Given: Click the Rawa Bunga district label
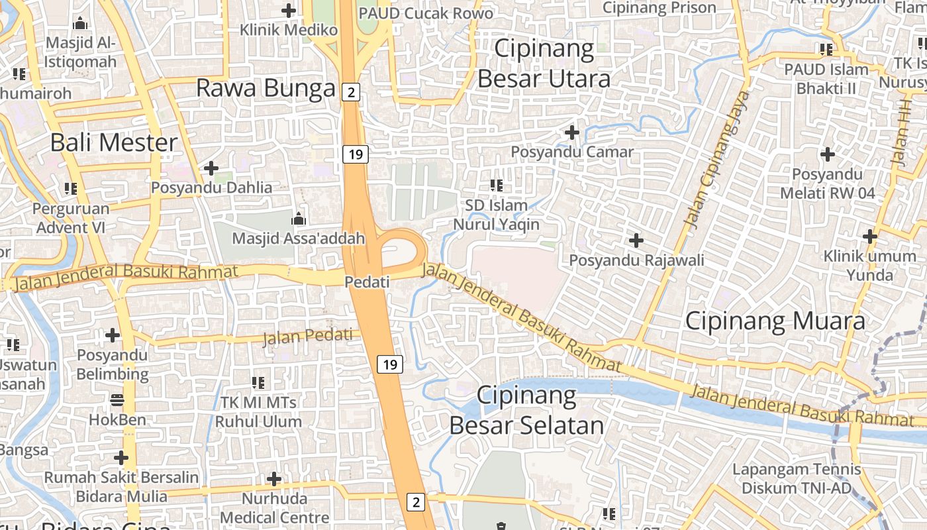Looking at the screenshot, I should point(266,88).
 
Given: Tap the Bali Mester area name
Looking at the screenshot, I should point(115,142).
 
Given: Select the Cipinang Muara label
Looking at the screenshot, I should point(775,321).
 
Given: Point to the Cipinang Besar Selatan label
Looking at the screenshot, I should point(527,411).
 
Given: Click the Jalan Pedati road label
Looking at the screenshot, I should point(308,337).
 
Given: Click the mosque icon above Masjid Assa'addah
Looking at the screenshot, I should point(299,218).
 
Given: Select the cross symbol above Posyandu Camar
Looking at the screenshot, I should point(572,132).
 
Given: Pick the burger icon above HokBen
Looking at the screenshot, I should point(117,399).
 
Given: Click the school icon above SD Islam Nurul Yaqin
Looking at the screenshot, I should point(496,185).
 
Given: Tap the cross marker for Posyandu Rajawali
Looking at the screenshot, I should point(636,240).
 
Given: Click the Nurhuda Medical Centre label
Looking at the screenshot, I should point(274,507).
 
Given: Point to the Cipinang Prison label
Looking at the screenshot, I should point(659,8).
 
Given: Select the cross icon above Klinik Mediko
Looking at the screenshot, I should point(289,11).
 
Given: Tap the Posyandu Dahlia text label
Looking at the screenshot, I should point(211,187).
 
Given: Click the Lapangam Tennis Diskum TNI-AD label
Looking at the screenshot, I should point(797,479).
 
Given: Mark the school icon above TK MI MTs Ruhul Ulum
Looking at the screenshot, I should point(258,382).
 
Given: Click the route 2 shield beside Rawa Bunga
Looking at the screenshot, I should point(351,92).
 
